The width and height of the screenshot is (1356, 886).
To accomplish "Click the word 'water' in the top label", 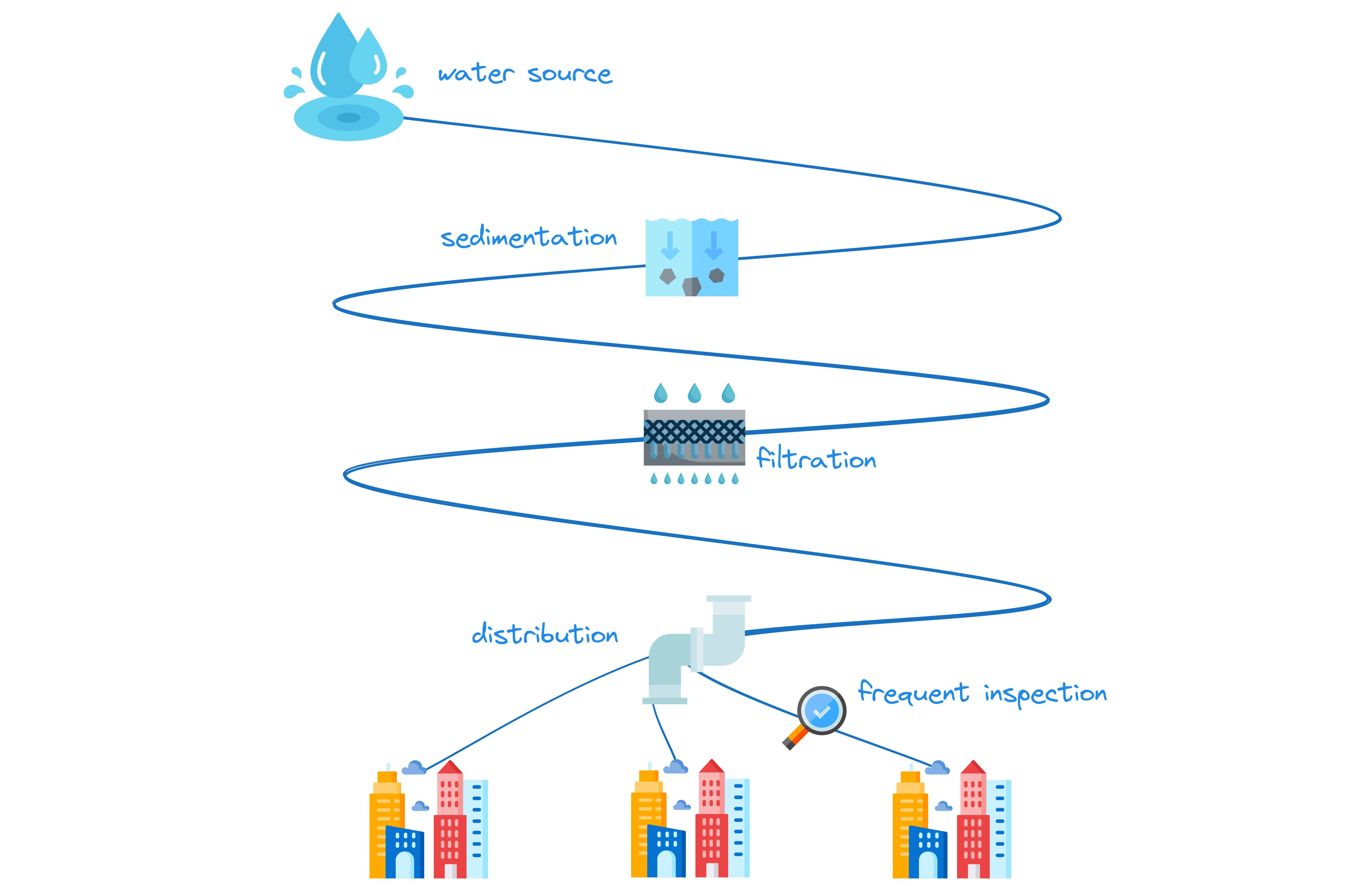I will (476, 74).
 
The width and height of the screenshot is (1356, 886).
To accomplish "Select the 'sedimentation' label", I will (529, 237).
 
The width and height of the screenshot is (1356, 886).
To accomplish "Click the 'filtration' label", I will (816, 459).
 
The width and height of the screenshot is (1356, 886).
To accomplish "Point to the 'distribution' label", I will (545, 634).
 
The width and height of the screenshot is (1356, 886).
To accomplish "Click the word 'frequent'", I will (913, 693).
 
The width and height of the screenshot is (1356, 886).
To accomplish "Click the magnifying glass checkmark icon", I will (821, 711).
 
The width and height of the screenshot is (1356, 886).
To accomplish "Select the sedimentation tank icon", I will (692, 258).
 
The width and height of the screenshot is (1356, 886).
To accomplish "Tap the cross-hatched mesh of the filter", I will (694, 431).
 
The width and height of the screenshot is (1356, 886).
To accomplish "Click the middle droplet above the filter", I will (694, 393).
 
